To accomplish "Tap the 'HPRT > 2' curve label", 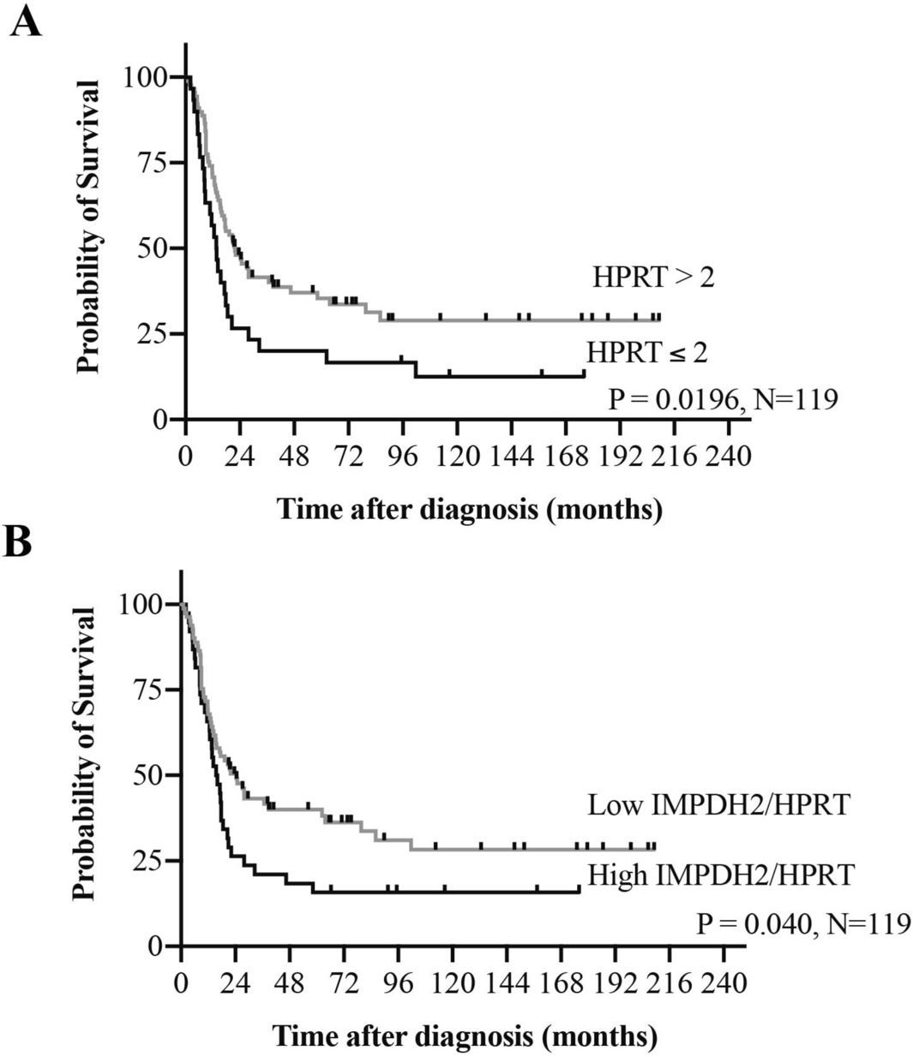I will coord(652,278).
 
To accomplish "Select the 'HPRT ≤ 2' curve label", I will coord(647,352).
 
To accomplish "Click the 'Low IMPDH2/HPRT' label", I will coord(718,805).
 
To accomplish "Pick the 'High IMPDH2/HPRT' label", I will coord(721,875).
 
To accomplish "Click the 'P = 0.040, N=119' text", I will coord(802,924).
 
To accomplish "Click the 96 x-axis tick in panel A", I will coord(404,455).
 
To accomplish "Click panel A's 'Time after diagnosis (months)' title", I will coord(470,509).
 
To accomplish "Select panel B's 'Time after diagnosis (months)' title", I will coord(466,1036).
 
